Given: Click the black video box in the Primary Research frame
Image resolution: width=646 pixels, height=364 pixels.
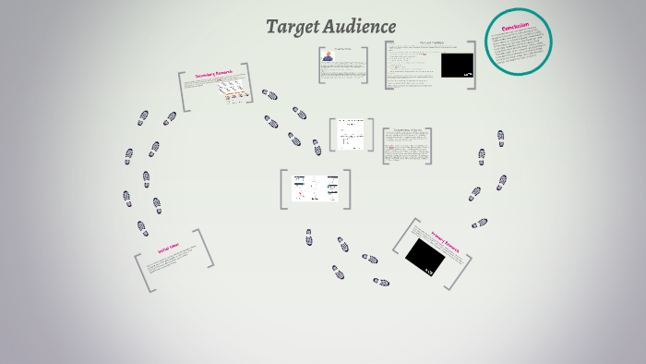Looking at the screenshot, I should click(x=425, y=255).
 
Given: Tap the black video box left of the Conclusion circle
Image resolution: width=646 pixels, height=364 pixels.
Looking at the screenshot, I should click(x=457, y=66).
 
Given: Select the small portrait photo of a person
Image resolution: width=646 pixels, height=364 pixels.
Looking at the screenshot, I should click(x=328, y=56).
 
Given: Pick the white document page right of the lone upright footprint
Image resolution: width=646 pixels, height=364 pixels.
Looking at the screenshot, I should click(x=350, y=134).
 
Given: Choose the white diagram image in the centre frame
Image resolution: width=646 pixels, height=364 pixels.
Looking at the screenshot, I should click(x=316, y=188).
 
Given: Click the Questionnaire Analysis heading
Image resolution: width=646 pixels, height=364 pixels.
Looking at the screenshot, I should click(x=407, y=131).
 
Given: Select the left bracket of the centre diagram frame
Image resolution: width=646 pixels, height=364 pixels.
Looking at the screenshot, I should click(x=283, y=188).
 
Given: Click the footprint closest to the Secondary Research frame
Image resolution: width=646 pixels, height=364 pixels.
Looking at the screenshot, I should click(x=269, y=94).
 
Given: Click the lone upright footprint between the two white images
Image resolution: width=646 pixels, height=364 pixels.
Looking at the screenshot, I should click(x=317, y=147).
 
